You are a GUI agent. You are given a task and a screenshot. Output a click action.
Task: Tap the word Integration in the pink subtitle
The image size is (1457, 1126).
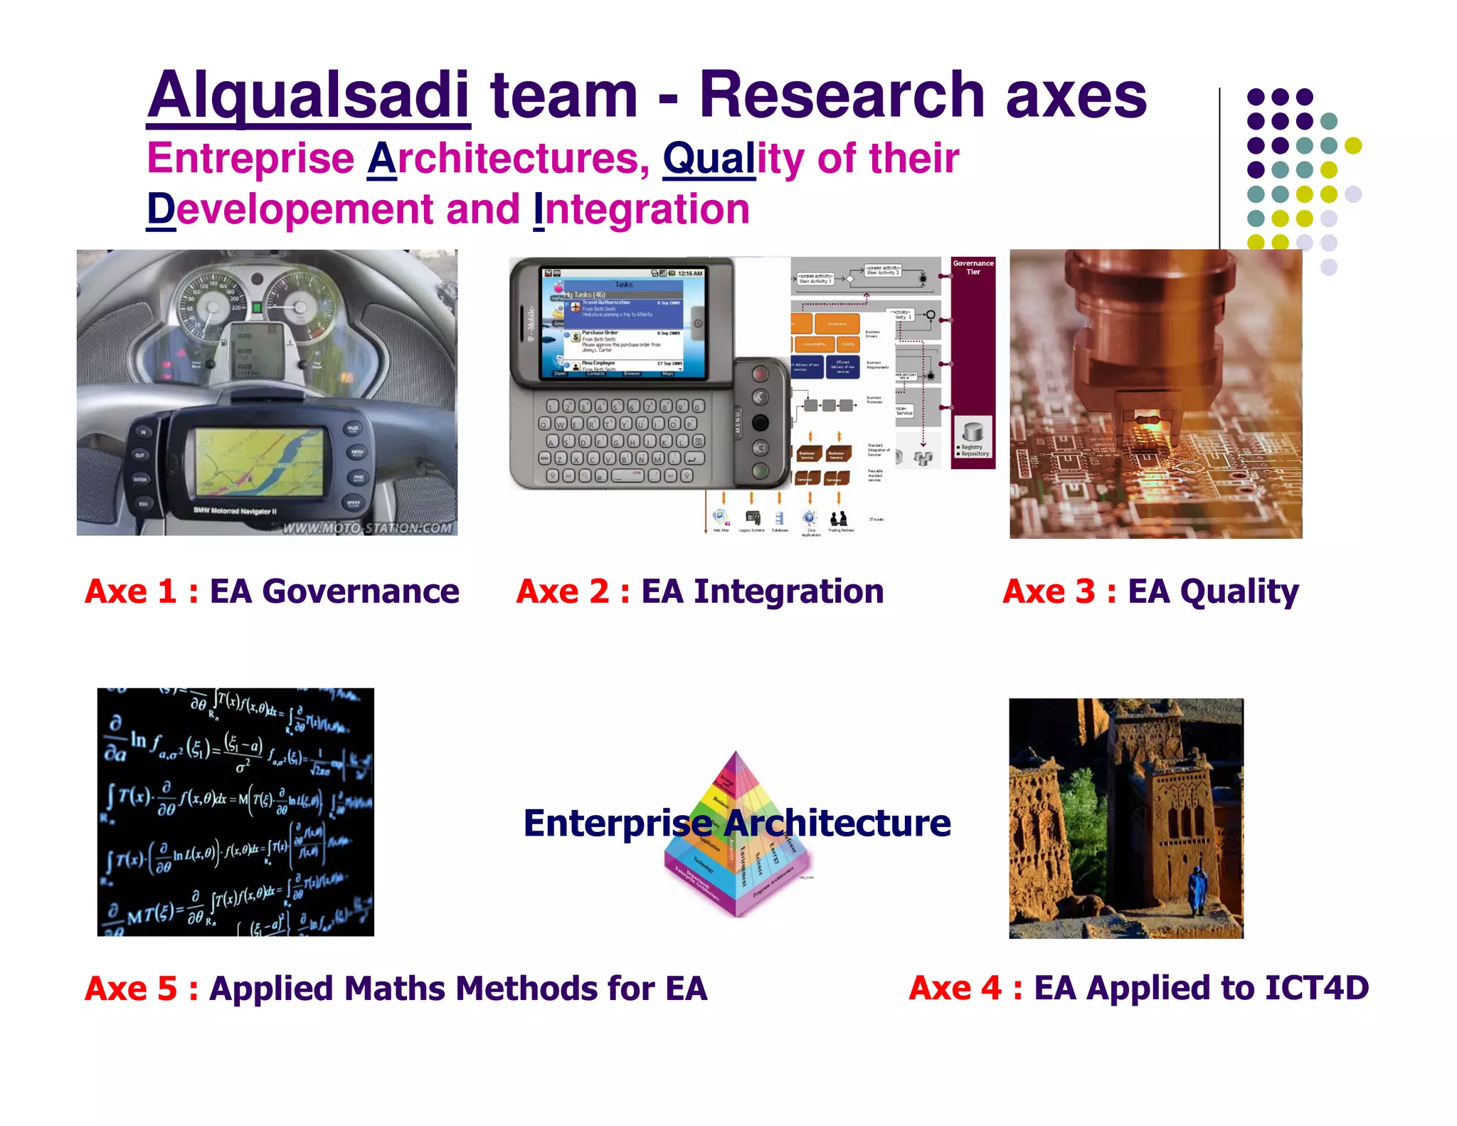tap(642, 210)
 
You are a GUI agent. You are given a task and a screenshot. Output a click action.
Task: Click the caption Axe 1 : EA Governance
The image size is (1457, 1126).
tap(272, 591)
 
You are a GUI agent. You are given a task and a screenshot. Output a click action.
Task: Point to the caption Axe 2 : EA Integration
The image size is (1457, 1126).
tap(700, 591)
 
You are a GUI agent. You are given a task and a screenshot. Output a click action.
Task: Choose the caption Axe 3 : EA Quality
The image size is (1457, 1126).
tap(1150, 591)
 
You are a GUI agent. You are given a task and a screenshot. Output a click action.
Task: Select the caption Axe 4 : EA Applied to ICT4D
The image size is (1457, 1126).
tap(1138, 988)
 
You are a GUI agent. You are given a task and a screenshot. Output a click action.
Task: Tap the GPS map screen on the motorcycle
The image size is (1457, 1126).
tap(260, 463)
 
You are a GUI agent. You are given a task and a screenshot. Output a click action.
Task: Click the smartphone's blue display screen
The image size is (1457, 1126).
tap(623, 324)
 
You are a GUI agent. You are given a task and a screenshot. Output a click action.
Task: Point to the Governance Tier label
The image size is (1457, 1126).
tap(973, 268)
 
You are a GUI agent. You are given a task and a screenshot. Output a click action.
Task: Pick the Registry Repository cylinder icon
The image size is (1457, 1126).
tap(973, 432)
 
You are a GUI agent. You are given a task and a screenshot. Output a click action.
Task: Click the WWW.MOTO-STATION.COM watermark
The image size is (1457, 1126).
tap(367, 527)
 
